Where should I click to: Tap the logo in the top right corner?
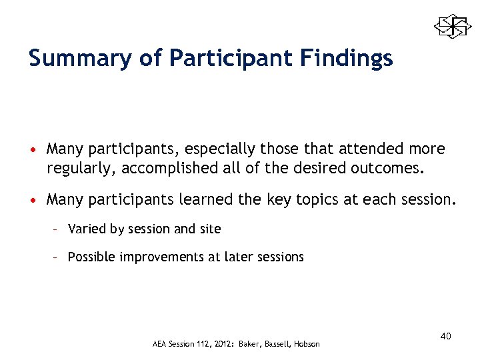coord(453,27)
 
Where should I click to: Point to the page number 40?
coord(445,336)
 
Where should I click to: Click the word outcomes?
coord(387,167)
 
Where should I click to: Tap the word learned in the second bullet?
coord(194,199)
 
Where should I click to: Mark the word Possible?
coord(91,257)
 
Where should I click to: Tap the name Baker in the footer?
coord(249,344)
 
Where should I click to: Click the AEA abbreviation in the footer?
coord(161,344)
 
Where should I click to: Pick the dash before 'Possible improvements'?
coord(57,257)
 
